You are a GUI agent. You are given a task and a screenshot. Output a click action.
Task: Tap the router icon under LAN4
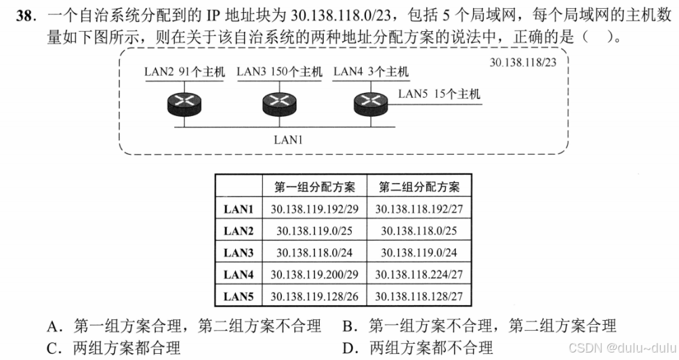(x=371, y=104)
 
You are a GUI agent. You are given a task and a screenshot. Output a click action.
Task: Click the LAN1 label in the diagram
(x=288, y=140)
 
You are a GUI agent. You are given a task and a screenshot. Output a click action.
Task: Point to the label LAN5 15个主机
(x=439, y=94)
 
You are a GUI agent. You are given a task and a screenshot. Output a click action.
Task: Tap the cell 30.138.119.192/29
(x=314, y=209)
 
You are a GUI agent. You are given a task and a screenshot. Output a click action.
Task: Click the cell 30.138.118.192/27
(x=419, y=209)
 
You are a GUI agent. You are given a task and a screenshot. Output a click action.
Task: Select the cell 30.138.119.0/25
(x=314, y=231)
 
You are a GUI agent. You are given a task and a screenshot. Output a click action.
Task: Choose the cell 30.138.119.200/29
(x=314, y=275)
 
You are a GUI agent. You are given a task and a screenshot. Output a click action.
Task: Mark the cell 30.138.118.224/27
(x=419, y=275)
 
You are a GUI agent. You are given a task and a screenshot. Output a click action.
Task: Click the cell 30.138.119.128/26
(x=314, y=296)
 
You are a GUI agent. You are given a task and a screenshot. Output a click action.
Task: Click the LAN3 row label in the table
(x=239, y=253)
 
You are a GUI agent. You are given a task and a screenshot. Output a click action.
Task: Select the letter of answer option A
(x=53, y=327)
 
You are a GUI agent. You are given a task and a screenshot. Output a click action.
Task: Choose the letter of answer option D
(x=349, y=348)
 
